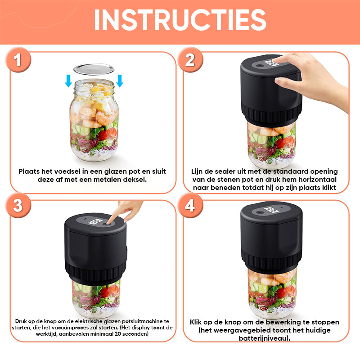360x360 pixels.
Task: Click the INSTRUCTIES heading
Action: (180, 20)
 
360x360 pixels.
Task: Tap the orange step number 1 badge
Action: (18, 60)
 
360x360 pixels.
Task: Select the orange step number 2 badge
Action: (190, 60)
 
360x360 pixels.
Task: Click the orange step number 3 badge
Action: (18, 206)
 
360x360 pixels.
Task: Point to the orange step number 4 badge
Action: (190, 206)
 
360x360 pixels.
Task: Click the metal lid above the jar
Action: (94, 69)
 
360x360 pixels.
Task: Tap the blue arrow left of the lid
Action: (68, 81)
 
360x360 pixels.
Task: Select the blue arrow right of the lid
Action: (119, 81)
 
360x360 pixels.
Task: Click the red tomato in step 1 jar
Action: (108, 134)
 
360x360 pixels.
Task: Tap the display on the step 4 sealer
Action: (271, 210)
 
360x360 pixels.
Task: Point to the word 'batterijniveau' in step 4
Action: (263, 338)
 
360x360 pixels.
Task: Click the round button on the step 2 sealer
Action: (260, 66)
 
